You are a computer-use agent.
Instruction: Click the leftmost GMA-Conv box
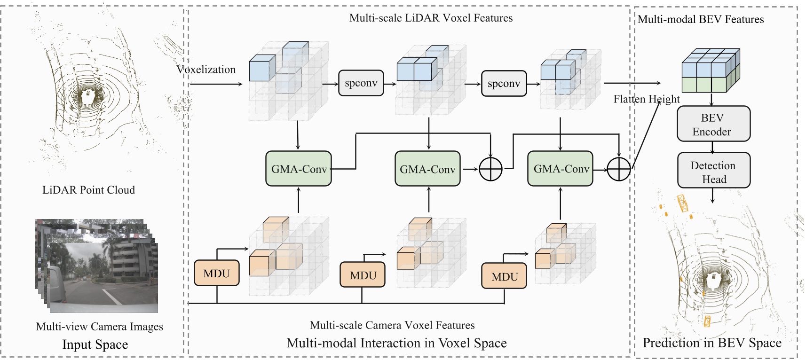299,169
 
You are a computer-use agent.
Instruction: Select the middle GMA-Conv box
427,169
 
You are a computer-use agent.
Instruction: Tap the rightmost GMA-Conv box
561,169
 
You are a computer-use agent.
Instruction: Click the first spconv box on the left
361,83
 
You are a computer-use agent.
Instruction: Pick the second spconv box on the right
504,84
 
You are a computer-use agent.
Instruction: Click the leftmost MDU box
217,273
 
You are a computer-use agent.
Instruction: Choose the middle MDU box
363,275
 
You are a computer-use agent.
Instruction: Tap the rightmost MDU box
504,276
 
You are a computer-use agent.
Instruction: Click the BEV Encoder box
713,124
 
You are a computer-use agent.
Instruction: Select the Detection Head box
713,172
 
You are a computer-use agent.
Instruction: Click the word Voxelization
206,70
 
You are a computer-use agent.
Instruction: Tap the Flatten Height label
647,99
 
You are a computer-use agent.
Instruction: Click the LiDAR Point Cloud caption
88,190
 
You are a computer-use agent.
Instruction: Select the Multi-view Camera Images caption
99,327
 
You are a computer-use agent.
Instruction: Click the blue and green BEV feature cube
711,70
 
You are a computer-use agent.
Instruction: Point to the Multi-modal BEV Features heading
700,19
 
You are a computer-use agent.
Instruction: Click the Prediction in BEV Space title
711,343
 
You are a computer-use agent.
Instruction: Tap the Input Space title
95,344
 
